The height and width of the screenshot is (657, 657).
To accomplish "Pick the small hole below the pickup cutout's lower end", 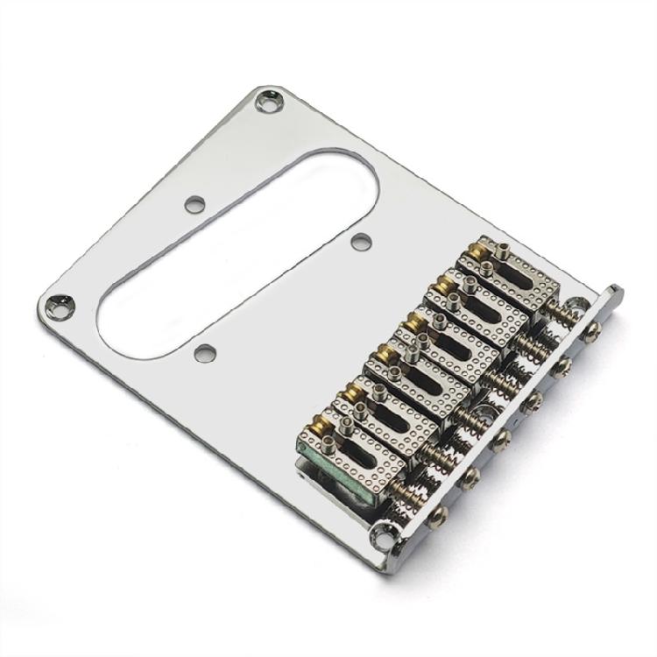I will [x=205, y=353].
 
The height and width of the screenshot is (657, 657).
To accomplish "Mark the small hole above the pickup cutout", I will [x=194, y=205].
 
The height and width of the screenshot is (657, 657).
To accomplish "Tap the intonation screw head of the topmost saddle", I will [x=594, y=329].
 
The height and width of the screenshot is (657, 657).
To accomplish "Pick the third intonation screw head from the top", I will [x=531, y=404].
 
